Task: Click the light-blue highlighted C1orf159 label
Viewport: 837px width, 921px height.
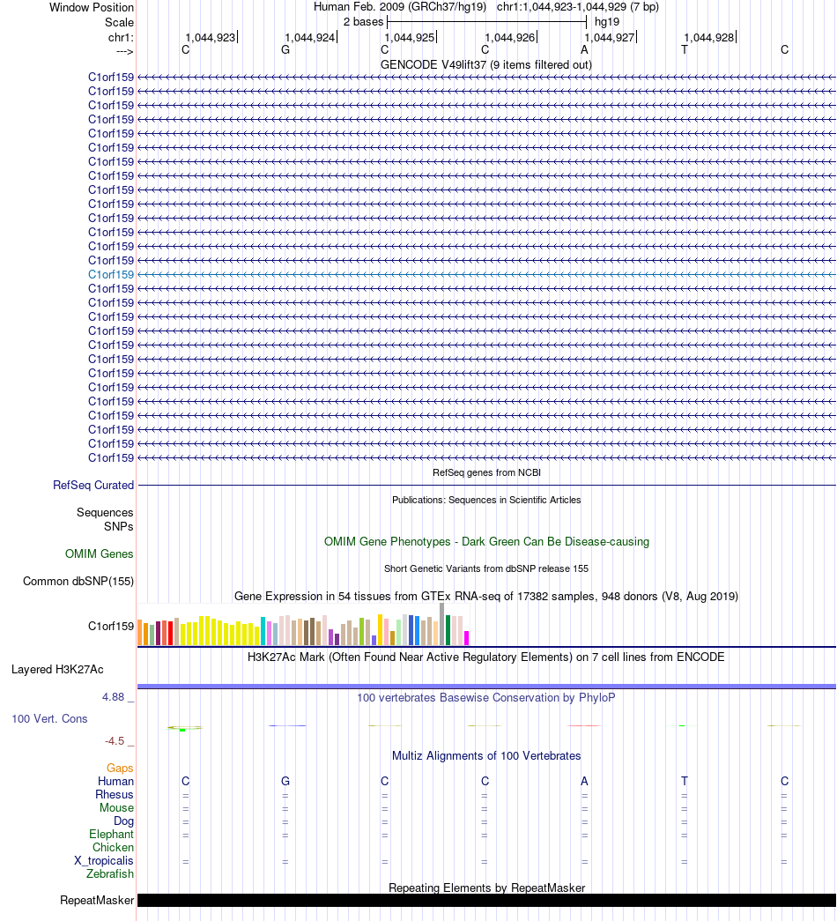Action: coord(111,274)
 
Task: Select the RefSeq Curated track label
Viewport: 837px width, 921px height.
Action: coord(93,485)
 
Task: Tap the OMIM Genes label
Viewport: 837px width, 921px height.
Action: coord(100,553)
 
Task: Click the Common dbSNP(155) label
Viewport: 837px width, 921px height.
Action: coord(78,582)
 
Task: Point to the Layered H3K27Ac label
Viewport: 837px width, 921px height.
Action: coord(57,670)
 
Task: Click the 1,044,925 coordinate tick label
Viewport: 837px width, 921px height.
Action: coord(410,38)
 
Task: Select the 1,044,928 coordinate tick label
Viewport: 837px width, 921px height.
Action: coord(709,38)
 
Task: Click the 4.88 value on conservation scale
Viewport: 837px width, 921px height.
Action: coord(114,697)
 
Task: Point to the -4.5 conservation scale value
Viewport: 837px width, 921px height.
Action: coord(115,741)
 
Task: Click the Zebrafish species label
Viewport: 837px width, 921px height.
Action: coord(110,874)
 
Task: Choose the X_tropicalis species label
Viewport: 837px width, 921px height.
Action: coord(104,861)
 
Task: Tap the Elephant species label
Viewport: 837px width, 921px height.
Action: coord(112,835)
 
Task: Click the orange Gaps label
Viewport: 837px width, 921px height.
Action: coord(120,769)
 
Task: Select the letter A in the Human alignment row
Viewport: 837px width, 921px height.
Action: coord(584,781)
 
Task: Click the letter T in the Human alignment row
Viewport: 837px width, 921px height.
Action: coord(685,781)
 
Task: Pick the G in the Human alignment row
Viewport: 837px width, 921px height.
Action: coord(285,781)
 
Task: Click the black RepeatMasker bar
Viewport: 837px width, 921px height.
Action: coord(486,901)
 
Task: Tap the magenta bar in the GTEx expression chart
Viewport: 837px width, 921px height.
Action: coord(466,638)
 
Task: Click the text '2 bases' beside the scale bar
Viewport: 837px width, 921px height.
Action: coord(364,22)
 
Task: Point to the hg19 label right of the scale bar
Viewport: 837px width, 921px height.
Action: coord(607,22)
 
